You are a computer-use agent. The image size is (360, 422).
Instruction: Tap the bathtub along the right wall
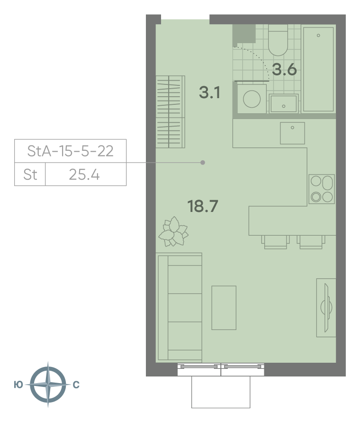tap(318, 69)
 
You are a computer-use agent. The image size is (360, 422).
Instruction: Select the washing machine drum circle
tap(252, 99)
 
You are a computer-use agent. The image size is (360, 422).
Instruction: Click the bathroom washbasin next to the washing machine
tap(284, 104)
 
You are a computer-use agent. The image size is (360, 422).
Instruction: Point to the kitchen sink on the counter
tap(292, 133)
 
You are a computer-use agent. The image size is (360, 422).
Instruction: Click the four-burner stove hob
tap(322, 189)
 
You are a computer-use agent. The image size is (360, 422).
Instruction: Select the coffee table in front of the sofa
tap(224, 308)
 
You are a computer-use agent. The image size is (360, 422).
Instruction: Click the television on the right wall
tap(326, 308)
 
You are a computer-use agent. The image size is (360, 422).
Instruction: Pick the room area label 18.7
tap(203, 206)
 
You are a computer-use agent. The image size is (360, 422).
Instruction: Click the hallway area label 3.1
tap(210, 92)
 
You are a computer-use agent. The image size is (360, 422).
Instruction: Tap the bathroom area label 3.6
tap(284, 69)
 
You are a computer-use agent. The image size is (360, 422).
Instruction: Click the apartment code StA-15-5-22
tap(71, 151)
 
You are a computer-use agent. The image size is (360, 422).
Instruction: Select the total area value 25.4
tap(84, 174)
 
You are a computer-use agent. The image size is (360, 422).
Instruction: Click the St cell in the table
tap(30, 174)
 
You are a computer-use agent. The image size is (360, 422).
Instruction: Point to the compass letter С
tap(76, 385)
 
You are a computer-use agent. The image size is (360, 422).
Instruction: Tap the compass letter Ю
tap(18, 385)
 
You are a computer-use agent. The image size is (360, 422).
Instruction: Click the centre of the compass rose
tap(48, 385)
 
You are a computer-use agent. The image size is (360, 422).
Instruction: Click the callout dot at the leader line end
tap(203, 163)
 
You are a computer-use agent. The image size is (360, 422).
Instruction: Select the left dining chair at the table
tap(275, 242)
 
